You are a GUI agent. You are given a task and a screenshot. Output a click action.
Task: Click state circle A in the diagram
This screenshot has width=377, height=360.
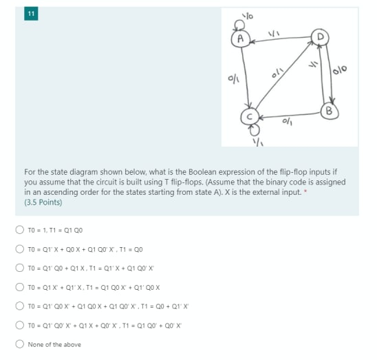click(240, 39)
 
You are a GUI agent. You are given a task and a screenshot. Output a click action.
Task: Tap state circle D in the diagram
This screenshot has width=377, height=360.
click(320, 36)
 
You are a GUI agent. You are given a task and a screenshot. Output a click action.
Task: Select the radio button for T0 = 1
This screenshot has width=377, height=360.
click(20, 230)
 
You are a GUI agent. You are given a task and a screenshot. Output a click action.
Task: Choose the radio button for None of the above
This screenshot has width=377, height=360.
click(20, 344)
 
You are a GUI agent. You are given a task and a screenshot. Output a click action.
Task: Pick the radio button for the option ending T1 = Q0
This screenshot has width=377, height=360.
click(20, 249)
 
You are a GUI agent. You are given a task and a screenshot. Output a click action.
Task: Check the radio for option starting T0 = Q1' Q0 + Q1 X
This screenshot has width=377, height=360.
click(20, 268)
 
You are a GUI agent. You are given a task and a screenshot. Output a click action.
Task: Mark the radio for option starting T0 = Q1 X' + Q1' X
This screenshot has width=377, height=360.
click(20, 287)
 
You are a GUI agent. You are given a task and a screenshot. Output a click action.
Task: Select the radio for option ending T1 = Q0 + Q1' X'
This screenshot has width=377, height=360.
click(20, 306)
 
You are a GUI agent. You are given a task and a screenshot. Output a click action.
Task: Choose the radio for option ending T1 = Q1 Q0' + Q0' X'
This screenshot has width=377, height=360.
click(20, 326)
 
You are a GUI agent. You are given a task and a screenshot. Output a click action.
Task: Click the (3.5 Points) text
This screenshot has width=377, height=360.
click(43, 203)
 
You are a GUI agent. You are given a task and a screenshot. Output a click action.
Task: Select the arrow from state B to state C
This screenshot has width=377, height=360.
click(289, 114)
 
